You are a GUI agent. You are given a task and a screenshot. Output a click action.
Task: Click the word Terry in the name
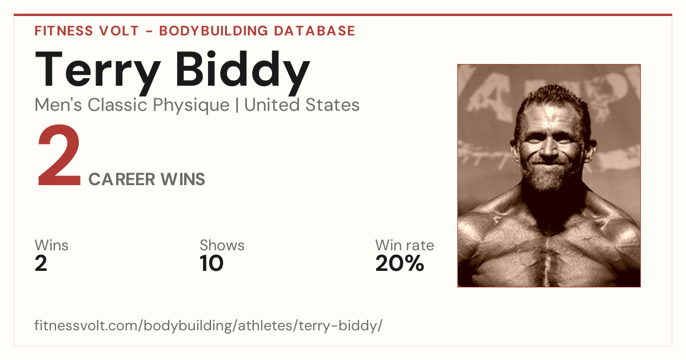coord(98,72)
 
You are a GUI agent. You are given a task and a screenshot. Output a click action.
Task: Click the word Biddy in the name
coord(243,72)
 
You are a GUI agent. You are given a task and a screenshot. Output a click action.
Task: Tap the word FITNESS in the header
coord(63,31)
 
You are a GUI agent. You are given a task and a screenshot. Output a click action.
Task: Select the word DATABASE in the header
coord(314,31)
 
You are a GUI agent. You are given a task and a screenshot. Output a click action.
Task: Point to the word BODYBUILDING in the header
coord(214,31)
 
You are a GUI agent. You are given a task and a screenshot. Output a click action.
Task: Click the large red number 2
coord(59,155)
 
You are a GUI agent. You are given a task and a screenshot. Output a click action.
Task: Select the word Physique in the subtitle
coord(191,105)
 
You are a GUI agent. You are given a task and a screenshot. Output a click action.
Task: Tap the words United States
coord(302,105)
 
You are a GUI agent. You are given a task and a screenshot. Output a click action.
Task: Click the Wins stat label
coord(51,245)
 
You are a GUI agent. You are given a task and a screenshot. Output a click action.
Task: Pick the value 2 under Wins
coord(41,263)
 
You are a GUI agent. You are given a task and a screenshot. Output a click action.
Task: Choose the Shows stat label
coord(222,245)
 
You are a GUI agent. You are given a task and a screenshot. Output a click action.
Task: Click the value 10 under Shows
coord(212,263)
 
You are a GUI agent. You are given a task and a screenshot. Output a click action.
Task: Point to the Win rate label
coord(405,245)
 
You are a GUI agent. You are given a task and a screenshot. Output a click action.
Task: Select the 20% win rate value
coord(400,263)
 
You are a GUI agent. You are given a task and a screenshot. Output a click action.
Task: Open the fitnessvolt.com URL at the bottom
coord(208,325)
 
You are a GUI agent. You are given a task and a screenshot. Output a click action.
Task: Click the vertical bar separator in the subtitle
coord(237,105)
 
